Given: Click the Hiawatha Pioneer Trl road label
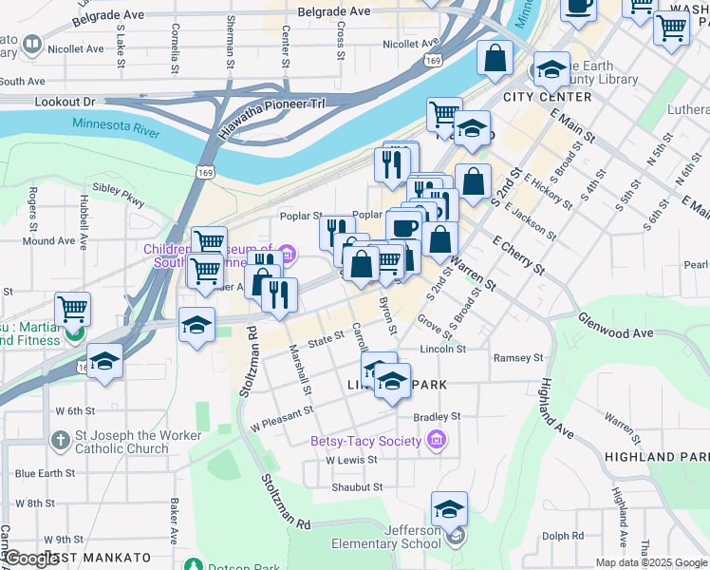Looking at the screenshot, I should tap(271, 118).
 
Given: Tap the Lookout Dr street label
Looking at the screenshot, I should tap(65, 101).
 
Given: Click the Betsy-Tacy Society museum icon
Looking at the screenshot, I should tap(436, 440).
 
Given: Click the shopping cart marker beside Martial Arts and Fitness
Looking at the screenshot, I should tap(73, 310).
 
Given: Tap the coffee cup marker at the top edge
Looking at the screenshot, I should tap(578, 8).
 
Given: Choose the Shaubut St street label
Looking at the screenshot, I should tap(356, 486).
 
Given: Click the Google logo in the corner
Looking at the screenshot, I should tap(32, 559).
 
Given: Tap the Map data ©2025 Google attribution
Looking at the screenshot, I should tap(650, 562).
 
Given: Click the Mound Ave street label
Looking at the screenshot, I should tap(47, 241).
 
